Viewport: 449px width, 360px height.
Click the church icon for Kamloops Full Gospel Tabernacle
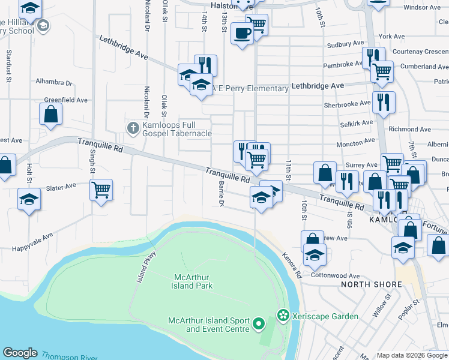pos(133,128)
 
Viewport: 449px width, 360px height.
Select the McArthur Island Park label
pos(193,281)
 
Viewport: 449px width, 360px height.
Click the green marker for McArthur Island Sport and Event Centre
pos(259,325)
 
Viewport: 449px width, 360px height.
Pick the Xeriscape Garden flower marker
pos(282,315)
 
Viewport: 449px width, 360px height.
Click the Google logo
pos(20,353)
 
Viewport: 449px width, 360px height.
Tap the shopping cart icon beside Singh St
pos(101,189)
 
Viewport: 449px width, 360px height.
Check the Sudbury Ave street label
pos(345,44)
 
